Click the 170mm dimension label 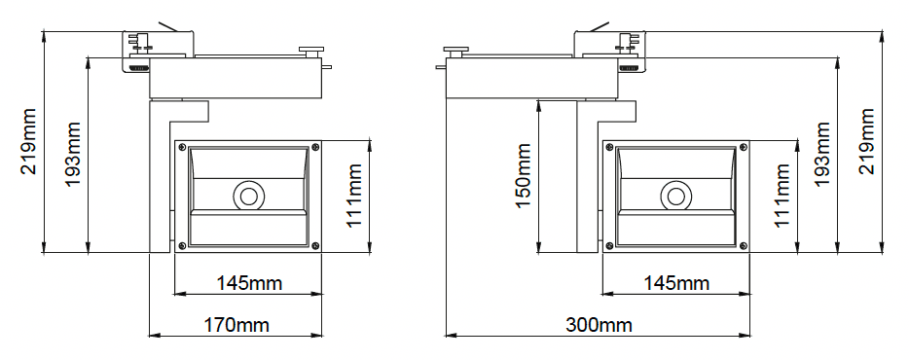236,325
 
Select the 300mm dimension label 599,325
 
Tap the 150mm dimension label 523,176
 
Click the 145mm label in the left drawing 249,283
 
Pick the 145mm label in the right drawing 676,283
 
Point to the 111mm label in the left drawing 354,196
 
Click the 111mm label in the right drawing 782,196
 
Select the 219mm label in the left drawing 28,141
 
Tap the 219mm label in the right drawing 867,141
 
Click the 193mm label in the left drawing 73,154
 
